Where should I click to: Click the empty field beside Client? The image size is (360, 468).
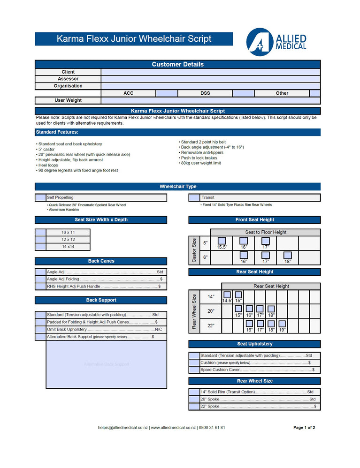tap(210, 72)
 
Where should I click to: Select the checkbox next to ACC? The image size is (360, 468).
tap(167, 93)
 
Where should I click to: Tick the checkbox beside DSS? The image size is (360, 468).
tap(243, 93)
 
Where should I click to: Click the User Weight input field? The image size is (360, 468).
tap(210, 100)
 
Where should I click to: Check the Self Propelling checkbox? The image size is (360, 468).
tap(40, 198)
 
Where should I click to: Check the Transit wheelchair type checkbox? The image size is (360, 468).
tap(194, 198)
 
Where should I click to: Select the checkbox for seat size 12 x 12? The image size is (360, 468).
tap(40, 240)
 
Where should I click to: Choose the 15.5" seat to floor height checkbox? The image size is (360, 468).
tap(222, 241)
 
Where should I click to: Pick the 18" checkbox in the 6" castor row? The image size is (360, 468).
tap(287, 255)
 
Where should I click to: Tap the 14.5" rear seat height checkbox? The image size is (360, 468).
tap(227, 295)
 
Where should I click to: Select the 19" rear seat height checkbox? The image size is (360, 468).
tap(282, 324)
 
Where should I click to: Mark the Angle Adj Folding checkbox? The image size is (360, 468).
tap(40, 279)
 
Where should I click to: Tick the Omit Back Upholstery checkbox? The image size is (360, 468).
tap(40, 330)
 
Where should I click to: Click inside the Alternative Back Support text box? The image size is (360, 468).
tap(106, 364)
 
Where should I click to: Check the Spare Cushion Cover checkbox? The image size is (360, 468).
tap(194, 370)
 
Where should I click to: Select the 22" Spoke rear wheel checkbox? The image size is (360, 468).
tap(194, 407)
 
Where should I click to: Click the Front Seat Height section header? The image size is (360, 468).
tap(254, 220)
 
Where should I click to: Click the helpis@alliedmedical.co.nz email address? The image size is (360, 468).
tap(123, 428)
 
